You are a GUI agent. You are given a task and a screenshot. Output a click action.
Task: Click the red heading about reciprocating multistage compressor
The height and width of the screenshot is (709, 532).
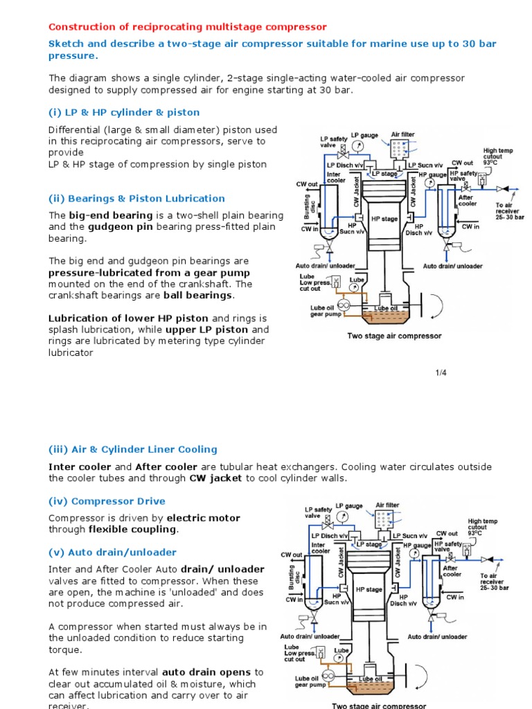[187, 27]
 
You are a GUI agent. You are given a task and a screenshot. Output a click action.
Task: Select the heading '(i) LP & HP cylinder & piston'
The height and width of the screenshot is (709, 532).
[124, 112]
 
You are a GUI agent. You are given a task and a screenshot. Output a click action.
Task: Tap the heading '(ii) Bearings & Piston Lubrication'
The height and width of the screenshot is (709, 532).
[136, 199]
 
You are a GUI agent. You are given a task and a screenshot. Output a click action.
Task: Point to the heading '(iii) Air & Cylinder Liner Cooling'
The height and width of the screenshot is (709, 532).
[132, 449]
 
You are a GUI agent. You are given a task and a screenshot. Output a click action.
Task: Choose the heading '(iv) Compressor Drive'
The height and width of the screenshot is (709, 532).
[107, 501]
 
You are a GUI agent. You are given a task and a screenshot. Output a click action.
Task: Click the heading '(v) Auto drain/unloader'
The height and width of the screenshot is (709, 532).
[112, 553]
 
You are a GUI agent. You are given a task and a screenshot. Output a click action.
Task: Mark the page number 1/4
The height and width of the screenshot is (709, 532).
[441, 373]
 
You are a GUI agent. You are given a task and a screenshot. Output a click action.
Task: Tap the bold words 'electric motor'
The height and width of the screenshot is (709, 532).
[204, 517]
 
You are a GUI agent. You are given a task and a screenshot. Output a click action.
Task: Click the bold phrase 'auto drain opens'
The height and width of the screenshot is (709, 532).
[207, 672]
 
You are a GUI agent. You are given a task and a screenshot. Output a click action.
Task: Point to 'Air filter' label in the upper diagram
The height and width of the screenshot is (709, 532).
[403, 134]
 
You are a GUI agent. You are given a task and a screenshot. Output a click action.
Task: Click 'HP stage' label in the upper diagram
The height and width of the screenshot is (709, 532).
[384, 219]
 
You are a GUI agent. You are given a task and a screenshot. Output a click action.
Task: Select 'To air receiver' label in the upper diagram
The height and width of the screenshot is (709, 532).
[509, 209]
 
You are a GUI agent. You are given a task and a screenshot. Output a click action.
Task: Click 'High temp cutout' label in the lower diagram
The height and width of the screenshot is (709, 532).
[483, 527]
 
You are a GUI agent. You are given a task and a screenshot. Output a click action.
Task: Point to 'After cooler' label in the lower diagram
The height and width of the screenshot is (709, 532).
[452, 571]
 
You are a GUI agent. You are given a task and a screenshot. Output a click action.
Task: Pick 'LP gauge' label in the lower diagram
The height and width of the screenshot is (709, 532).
[348, 505]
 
